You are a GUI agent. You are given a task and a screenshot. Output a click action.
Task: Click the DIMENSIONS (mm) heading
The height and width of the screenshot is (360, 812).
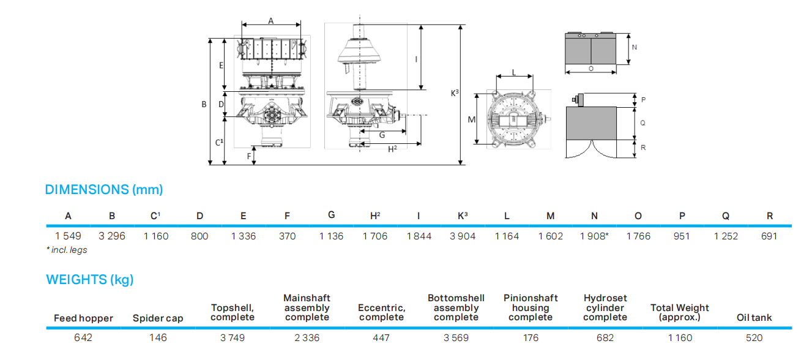pos(104,190)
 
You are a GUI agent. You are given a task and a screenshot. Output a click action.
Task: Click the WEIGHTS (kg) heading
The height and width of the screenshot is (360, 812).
pos(90,280)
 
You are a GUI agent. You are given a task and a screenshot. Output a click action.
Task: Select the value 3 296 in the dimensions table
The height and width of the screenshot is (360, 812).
pos(112,236)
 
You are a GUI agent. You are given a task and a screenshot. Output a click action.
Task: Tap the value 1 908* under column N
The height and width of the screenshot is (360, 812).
pos(594,236)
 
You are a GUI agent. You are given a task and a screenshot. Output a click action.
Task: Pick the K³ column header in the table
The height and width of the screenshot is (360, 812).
pos(463,216)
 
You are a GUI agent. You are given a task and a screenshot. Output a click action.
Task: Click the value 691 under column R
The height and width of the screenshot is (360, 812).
pos(769,236)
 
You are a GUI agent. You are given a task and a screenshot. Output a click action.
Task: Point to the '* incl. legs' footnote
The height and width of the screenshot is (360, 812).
pos(67,250)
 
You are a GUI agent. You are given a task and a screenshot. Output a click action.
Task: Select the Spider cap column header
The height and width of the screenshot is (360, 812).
pos(158,318)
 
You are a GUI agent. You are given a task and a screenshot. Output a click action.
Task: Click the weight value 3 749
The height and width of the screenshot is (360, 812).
pos(233,338)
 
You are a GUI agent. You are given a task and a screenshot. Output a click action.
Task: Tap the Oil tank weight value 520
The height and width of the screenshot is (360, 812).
pos(754,338)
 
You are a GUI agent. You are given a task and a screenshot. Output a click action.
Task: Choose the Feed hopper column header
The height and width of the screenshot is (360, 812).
pos(83,318)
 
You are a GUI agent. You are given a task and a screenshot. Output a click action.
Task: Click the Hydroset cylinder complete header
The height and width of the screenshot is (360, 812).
pos(605,308)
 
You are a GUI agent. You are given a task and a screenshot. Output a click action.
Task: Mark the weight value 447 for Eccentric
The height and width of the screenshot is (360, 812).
pos(381,338)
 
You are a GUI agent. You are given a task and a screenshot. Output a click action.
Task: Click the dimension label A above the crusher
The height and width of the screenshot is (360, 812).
pos(271,20)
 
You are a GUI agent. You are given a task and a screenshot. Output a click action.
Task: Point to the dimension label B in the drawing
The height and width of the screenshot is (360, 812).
pos(204,105)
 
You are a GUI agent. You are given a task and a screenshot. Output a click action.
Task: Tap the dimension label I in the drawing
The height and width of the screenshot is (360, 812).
pos(416,59)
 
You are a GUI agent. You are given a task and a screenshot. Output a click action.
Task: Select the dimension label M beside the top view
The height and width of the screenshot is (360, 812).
pos(472,120)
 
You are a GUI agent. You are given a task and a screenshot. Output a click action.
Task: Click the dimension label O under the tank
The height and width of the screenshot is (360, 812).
pos(591,69)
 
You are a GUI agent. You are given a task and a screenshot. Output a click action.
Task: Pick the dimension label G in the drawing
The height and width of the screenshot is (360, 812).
pos(382,135)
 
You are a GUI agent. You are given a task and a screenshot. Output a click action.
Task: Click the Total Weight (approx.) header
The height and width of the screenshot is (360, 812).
pos(680,313)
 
